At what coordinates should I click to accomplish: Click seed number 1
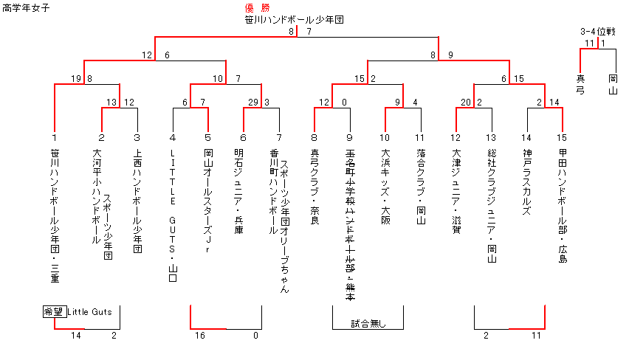[55, 137]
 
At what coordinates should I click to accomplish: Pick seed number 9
[350, 137]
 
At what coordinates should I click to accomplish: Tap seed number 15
[563, 137]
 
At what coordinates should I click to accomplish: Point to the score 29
[253, 102]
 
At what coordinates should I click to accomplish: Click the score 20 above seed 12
[466, 102]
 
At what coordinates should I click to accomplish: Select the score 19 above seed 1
[77, 78]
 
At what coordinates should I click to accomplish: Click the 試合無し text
[368, 323]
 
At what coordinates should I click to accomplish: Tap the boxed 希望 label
[54, 312]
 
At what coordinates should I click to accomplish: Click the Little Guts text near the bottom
[89, 312]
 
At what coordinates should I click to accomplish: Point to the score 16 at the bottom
[200, 336]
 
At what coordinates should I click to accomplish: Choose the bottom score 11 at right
[536, 336]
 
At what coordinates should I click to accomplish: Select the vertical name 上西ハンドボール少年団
[137, 202]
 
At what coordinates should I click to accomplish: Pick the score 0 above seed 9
[345, 102]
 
